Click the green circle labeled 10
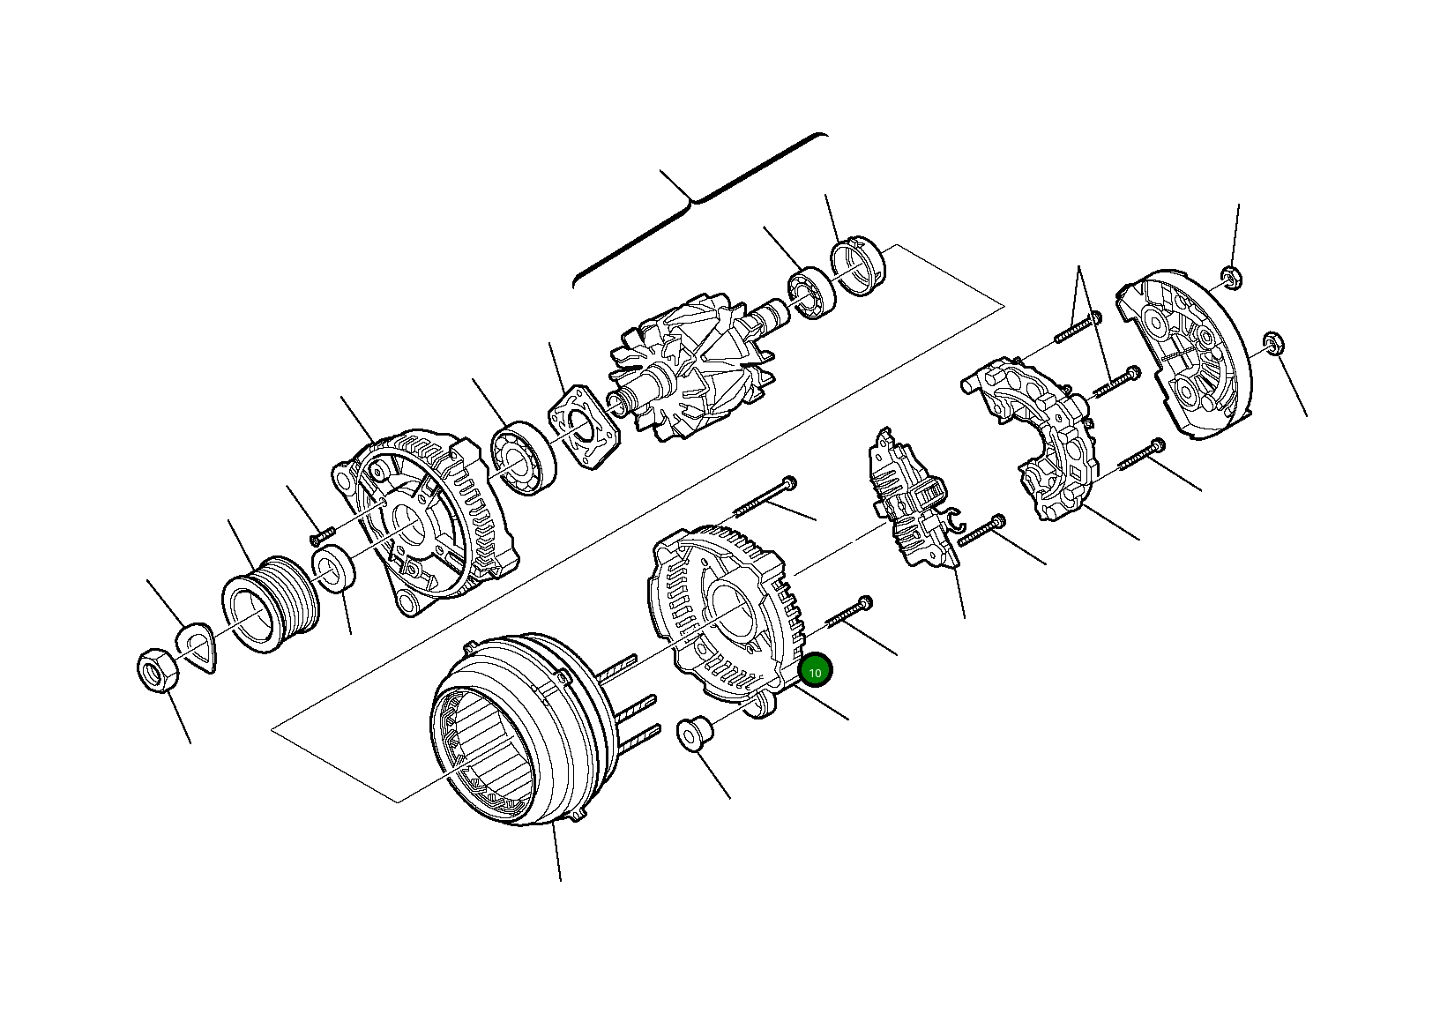pos(815,672)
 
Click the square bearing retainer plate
pos(583,428)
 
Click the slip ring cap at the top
pos(858,265)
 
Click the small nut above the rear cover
pos(1231,277)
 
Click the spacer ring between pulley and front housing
pos(333,569)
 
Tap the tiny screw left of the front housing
pos(324,533)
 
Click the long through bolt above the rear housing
pos(763,497)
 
